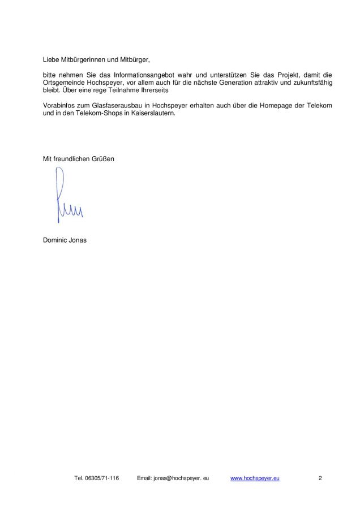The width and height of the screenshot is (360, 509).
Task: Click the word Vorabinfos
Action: tap(59, 106)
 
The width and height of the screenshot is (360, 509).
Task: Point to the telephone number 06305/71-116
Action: tap(101, 478)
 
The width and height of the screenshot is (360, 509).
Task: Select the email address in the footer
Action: tap(181, 478)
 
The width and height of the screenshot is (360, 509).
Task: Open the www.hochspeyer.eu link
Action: tap(255, 478)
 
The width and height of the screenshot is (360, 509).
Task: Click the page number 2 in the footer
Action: tap(320, 478)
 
